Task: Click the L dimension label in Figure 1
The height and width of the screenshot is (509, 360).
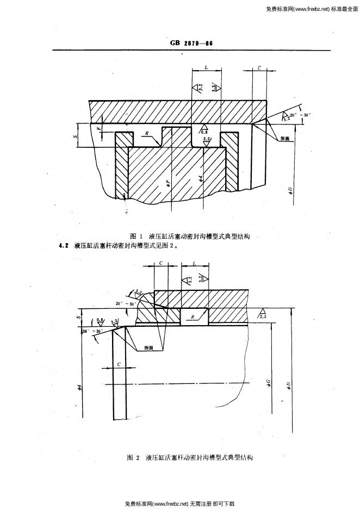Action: pos(208,66)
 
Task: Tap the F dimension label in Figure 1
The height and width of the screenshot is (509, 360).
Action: pos(99,129)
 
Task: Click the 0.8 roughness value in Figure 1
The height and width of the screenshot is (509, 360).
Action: pos(204,132)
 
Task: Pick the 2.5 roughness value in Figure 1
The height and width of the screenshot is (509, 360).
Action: pos(207,140)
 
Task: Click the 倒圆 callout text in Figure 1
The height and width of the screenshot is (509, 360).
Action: pos(284,139)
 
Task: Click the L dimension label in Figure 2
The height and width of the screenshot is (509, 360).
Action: pos(194,263)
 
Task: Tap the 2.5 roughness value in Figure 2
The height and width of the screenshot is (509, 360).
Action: pos(263,316)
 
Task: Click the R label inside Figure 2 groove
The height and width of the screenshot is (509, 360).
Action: pos(193,315)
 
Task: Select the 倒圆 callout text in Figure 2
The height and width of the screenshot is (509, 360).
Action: pos(148,347)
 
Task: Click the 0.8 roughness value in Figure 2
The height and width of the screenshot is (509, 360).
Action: pos(100,320)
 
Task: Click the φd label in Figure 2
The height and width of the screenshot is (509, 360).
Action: pos(79,387)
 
